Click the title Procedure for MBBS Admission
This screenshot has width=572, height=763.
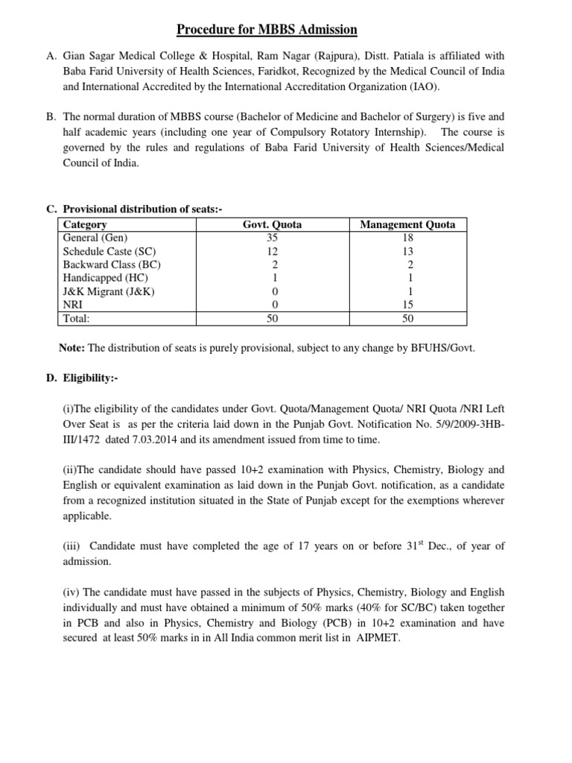267,30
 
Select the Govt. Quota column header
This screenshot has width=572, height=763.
273,224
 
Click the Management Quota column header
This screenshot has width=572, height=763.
407,224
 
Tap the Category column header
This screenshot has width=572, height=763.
85,224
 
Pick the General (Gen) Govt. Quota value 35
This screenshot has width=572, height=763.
273,238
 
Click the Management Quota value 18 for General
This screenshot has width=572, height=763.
407,238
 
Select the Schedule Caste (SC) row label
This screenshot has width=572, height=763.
109,251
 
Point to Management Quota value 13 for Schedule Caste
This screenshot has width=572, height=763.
407,251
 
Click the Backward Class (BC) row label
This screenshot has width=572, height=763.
112,265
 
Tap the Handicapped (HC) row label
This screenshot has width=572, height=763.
105,278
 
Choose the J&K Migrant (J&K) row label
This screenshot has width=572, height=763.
109,291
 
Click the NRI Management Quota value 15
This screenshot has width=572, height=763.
407,305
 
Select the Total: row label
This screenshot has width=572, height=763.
77,318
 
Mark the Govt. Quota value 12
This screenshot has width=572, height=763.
273,251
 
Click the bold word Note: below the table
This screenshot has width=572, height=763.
72,348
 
